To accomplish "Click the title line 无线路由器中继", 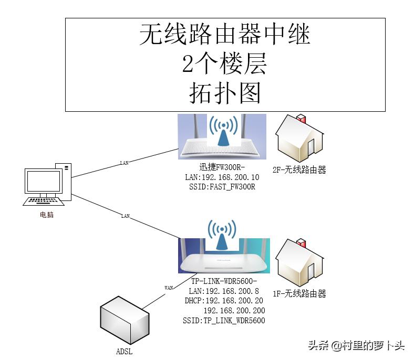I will (225, 35).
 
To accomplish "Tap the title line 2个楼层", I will (225, 64).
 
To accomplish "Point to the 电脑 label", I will (46, 215).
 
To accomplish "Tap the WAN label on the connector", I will (169, 288).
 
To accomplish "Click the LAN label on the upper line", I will (124, 163).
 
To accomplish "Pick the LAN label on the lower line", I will (125, 216).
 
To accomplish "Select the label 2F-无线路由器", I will (299, 170).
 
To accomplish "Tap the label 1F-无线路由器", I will (299, 294).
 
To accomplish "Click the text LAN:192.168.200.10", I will (222, 177).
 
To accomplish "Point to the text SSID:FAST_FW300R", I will (222, 187).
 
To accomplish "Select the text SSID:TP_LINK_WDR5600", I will (224, 320).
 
